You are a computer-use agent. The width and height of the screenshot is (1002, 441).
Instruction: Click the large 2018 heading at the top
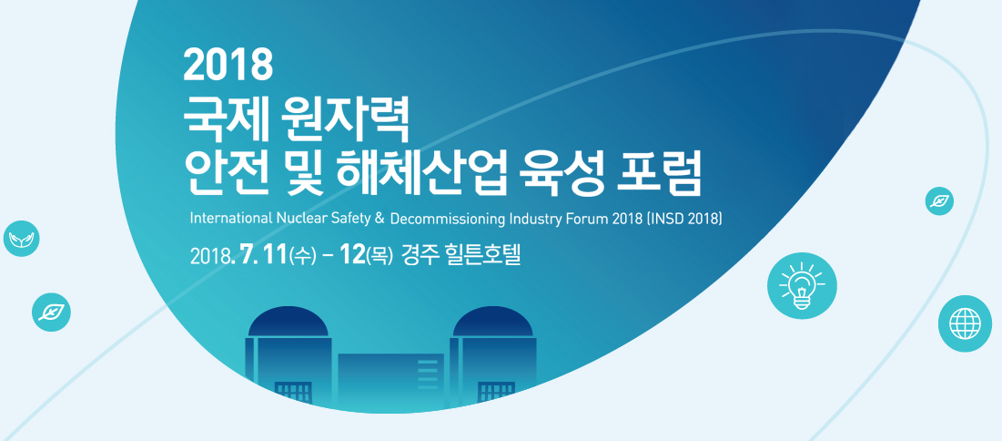click(x=228, y=66)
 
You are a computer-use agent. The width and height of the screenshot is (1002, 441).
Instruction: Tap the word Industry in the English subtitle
click(x=536, y=220)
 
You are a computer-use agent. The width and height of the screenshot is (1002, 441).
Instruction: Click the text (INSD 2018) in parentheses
click(x=685, y=220)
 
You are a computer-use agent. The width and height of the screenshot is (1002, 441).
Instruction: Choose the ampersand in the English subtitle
click(x=379, y=219)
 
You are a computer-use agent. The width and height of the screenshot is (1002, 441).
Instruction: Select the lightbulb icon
click(x=802, y=284)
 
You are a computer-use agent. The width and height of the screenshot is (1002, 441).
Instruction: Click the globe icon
click(x=965, y=323)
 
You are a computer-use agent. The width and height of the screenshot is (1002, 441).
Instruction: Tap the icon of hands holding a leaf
click(x=21, y=239)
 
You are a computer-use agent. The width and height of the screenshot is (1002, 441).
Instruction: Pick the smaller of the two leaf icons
click(x=939, y=201)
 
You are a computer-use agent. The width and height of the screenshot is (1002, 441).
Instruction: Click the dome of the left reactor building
click(x=288, y=322)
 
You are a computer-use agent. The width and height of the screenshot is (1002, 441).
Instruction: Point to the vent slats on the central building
click(x=428, y=374)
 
